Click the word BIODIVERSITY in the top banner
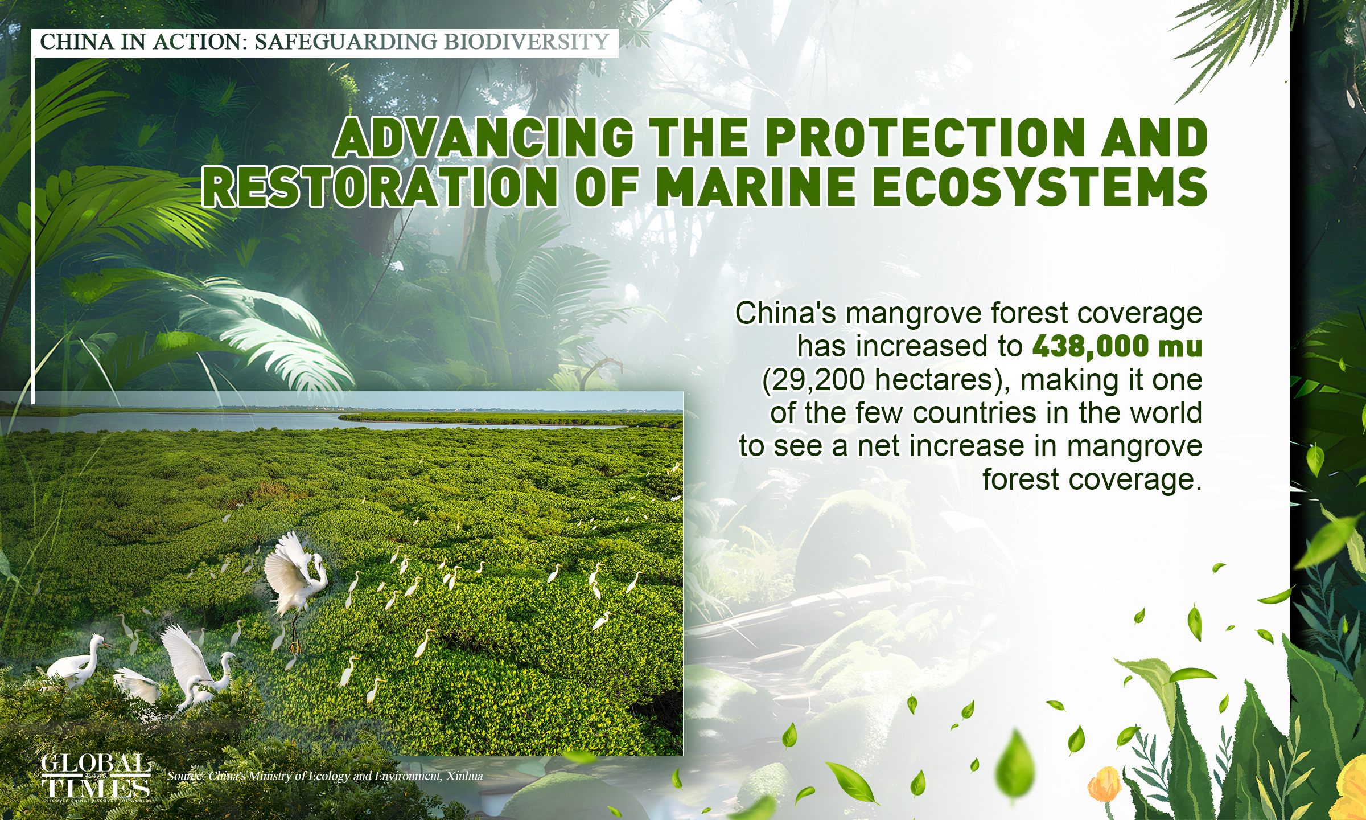point(526,42)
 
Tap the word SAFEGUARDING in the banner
point(345,42)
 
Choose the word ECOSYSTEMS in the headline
point(1039,186)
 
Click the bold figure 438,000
point(1090,346)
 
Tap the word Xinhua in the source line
point(464,776)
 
